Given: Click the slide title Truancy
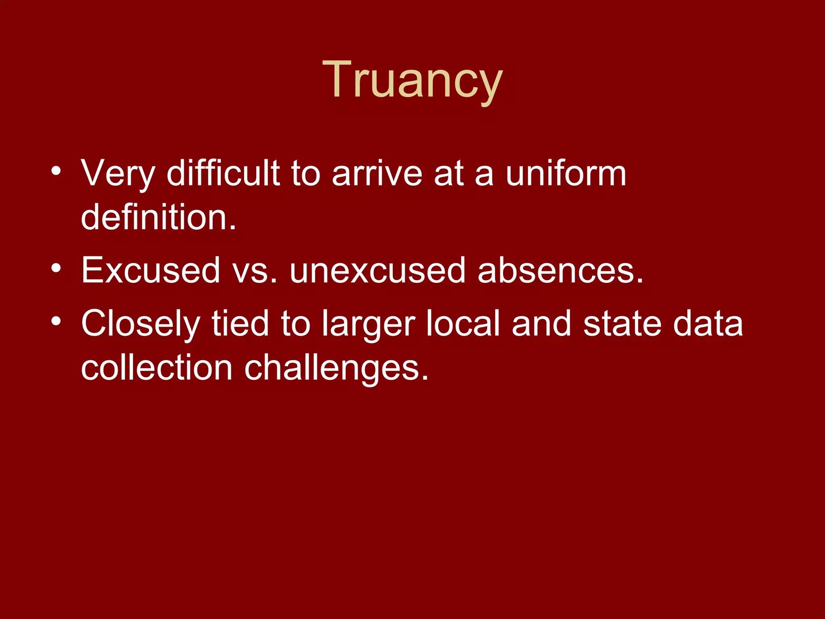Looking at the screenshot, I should (412, 80).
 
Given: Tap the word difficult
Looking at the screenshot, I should (223, 173).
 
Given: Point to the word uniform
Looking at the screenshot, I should (566, 173).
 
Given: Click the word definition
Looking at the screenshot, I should (158, 218).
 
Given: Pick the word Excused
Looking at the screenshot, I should (151, 270).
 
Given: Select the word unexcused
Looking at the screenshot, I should (377, 270).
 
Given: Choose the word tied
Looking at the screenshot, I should (240, 323).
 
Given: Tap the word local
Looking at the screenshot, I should (463, 323).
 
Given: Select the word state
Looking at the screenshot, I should (622, 324).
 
